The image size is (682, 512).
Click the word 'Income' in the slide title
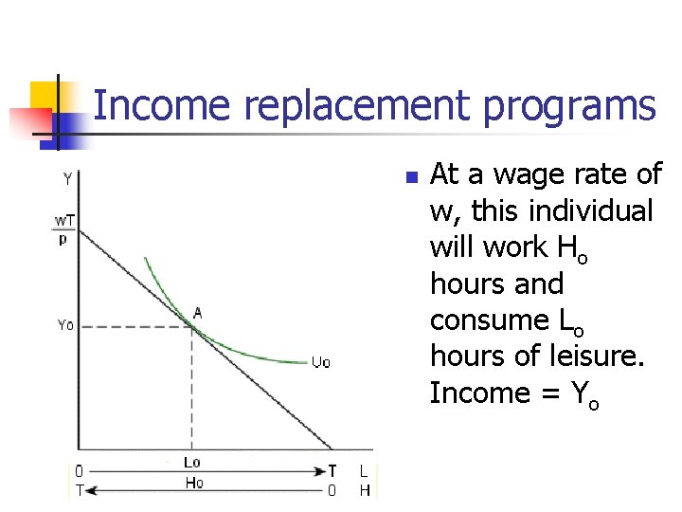(x=162, y=105)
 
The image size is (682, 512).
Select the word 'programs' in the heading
(x=569, y=105)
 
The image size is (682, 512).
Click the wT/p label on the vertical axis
(x=64, y=229)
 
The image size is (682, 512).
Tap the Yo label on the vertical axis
(x=64, y=325)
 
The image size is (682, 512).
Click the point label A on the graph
(x=198, y=313)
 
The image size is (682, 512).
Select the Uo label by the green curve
(x=321, y=361)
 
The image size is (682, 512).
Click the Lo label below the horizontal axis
(x=191, y=462)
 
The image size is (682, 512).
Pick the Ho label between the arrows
(x=193, y=484)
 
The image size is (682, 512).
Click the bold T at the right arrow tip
(x=332, y=470)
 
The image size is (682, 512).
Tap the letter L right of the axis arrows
(x=364, y=470)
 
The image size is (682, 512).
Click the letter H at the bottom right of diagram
(x=364, y=489)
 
